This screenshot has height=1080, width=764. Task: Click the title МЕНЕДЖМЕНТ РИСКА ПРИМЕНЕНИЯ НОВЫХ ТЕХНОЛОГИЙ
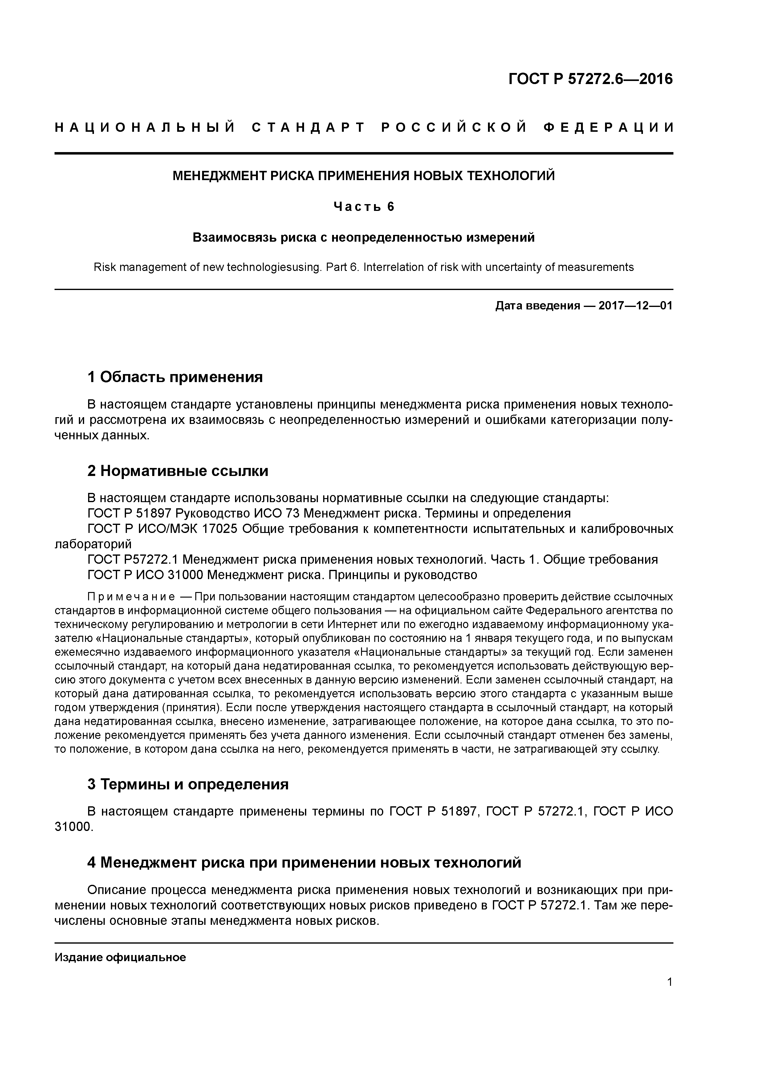364,176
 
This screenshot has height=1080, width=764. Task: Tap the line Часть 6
364,207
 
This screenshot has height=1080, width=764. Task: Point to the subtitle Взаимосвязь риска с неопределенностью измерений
364,238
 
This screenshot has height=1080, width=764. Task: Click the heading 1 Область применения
175,377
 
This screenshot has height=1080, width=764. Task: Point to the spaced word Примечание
131,597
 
